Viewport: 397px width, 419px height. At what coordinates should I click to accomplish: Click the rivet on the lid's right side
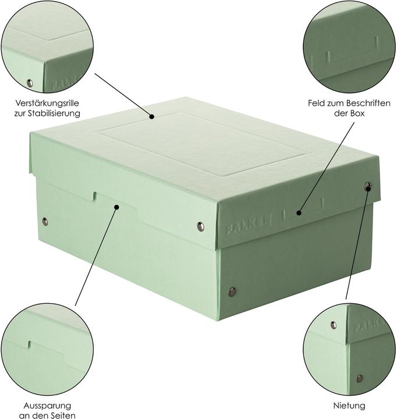pos(367,187)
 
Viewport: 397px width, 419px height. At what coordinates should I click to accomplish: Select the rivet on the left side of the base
pos(45,221)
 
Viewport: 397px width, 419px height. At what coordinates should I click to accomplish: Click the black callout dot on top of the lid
pos(152,116)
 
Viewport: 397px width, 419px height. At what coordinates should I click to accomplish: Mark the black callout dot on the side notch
pos(117,206)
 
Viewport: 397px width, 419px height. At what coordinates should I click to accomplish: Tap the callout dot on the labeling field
pos(298,212)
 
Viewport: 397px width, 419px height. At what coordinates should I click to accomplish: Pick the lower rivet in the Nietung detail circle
pos(359,378)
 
